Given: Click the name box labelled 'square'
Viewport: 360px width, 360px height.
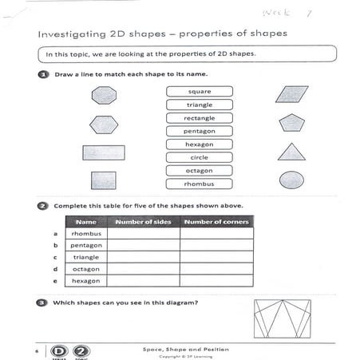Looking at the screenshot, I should coord(199,91).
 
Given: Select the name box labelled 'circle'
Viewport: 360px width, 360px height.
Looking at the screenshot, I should coord(199,157).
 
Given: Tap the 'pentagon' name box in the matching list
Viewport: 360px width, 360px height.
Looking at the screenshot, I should coord(199,131).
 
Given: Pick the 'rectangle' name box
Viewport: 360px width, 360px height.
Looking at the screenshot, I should coord(199,118).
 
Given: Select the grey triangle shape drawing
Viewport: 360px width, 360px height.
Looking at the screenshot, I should coord(291,152).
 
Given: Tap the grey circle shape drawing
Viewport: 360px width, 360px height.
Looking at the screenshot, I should coord(291,180).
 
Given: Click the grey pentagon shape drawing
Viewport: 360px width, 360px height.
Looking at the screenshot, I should coord(291,123).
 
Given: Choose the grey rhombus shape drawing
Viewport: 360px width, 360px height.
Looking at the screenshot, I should coord(291,94).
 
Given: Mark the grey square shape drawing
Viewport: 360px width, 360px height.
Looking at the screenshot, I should coord(103,180).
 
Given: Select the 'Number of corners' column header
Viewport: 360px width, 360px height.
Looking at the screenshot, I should coord(216,221).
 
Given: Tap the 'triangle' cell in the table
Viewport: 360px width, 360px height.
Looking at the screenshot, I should coord(85,258).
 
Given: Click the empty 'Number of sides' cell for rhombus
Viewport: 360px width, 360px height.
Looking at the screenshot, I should coord(143,234).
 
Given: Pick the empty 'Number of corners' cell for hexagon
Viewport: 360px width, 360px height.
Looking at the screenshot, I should coord(216,281).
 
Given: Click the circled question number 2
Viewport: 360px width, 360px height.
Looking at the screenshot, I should coord(42,205).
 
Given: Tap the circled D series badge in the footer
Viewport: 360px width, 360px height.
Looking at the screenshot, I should coord(58,350).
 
